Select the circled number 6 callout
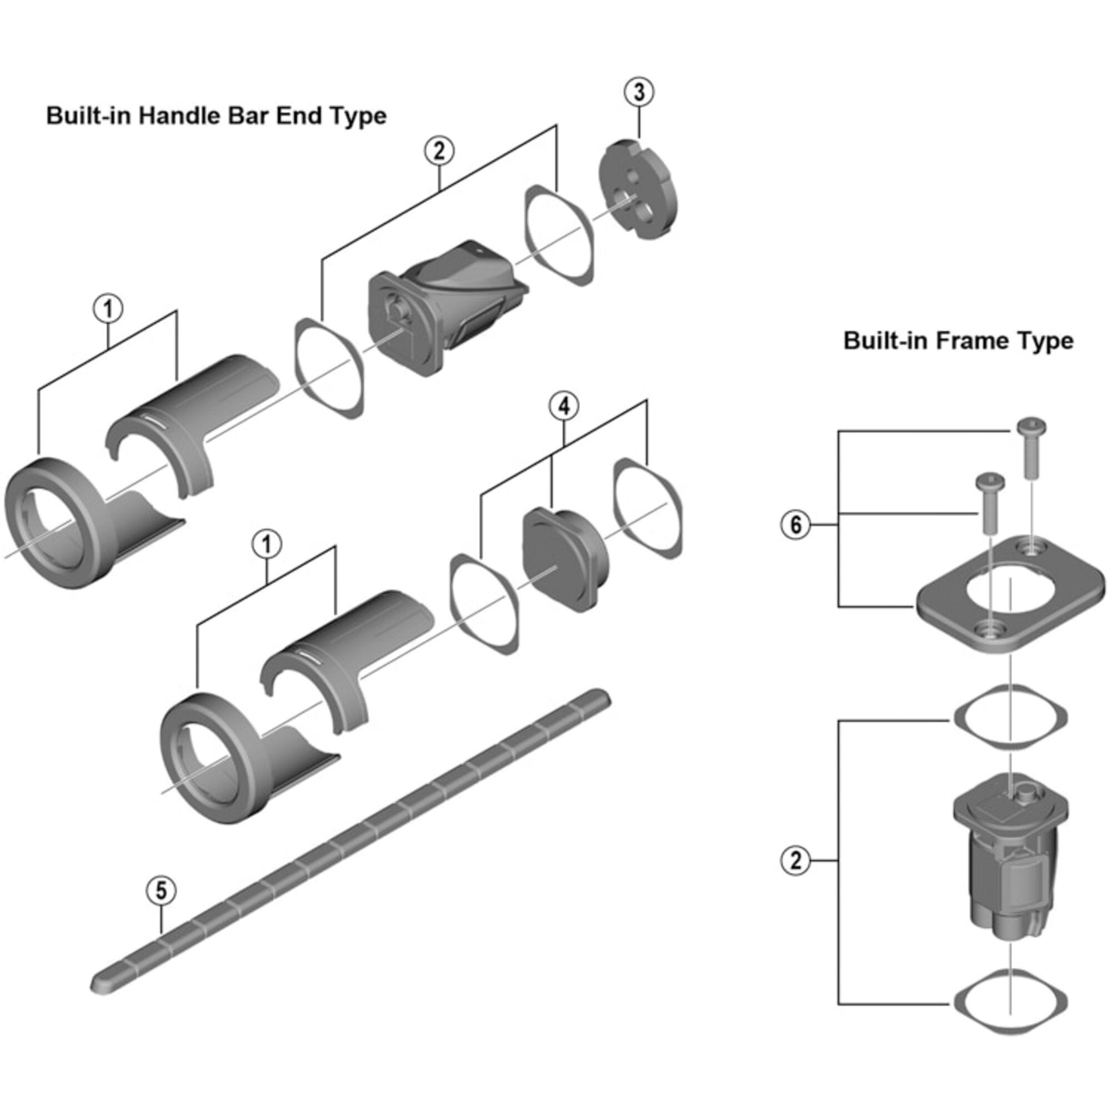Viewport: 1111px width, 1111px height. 796,524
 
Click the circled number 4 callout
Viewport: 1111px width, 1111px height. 563,407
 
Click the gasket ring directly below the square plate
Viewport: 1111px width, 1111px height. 1010,717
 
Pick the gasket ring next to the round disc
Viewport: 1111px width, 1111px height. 559,234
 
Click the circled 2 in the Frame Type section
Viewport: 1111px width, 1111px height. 796,861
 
